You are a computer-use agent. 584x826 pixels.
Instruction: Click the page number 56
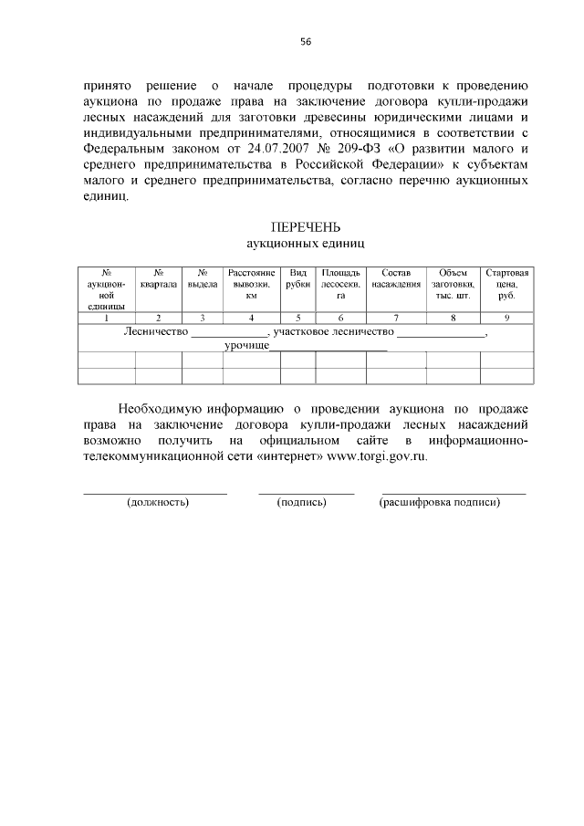click(306, 42)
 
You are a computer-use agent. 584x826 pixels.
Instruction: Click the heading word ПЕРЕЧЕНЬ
click(306, 227)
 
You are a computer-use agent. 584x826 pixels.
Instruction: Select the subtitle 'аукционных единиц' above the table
click(306, 244)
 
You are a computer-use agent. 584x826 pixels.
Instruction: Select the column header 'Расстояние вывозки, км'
click(251, 284)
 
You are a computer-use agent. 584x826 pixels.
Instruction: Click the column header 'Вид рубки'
click(297, 278)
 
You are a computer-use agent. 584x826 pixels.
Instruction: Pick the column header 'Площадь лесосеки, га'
click(340, 284)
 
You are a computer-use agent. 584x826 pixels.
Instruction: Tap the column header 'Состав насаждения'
click(396, 278)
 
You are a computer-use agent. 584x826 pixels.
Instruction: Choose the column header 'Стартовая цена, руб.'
click(506, 284)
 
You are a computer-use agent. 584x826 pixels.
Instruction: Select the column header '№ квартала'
click(159, 278)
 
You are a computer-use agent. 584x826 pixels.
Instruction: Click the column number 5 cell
click(297, 318)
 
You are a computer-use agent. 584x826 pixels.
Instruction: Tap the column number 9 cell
click(506, 318)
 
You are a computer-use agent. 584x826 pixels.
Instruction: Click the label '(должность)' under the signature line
click(158, 502)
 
